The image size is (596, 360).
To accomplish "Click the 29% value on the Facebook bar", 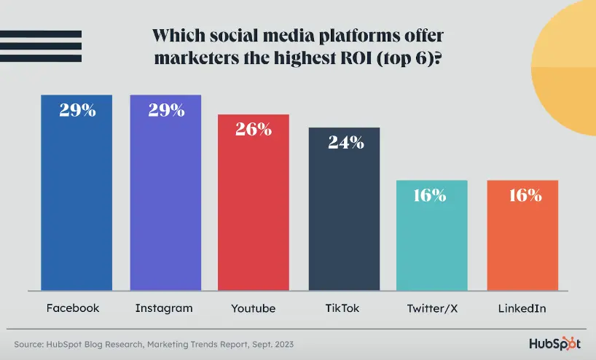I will point(77,110).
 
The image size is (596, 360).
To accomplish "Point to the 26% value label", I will point(254,130).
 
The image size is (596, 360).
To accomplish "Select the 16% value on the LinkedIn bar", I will point(523,195).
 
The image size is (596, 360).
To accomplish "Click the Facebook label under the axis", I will point(73,308).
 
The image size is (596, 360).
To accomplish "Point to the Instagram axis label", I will point(164,308).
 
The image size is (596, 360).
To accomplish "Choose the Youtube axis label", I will point(254,308).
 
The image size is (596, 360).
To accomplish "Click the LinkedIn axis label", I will point(522,308).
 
